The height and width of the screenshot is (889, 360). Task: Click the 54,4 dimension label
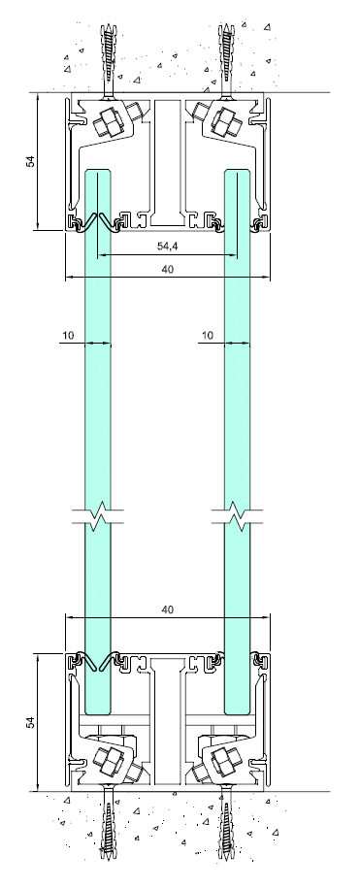point(167,247)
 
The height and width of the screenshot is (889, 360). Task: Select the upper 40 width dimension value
point(167,269)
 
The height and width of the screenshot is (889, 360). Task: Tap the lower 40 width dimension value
point(167,609)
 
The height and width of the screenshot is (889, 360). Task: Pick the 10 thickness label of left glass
point(68,335)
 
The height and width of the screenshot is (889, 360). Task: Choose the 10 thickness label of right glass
point(208,335)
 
